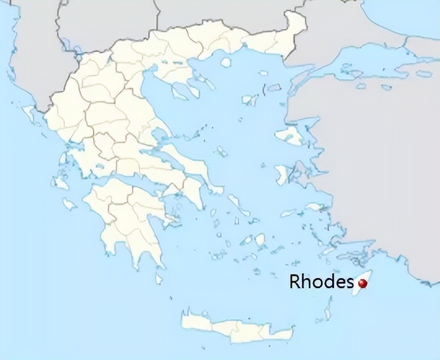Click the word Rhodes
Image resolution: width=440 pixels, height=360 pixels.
[x=320, y=281]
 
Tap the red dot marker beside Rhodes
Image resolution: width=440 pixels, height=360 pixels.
[x=363, y=283]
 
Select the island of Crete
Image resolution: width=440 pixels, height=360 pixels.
[x=235, y=327]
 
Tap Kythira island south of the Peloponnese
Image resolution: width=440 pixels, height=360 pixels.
[x=159, y=276]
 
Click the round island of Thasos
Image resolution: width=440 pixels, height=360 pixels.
[x=226, y=62]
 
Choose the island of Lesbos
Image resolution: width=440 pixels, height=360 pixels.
[x=289, y=135]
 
